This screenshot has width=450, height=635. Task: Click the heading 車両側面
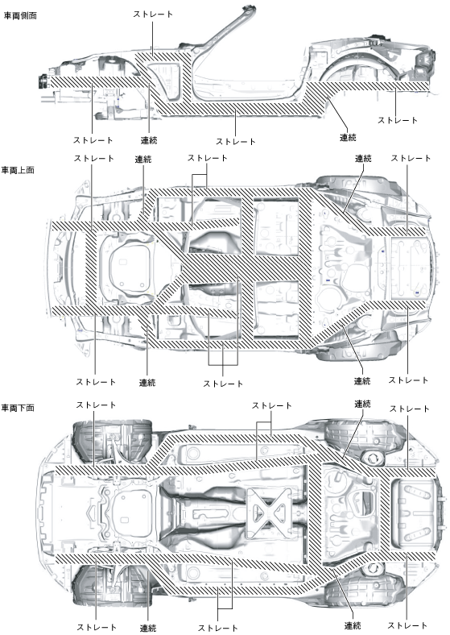coord(20,16)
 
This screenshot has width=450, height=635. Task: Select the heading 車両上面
coord(18,171)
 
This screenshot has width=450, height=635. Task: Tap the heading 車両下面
coord(18,408)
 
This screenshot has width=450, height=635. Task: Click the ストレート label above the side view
coord(153,15)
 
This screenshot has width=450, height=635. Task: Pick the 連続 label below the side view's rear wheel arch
coord(348,138)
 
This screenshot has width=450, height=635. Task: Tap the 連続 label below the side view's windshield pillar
coord(149,140)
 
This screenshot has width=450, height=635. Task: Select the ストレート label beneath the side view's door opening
coord(236,142)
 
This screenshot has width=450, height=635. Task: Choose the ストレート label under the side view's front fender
coord(93,140)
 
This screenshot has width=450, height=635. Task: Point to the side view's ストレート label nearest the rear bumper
coord(398,120)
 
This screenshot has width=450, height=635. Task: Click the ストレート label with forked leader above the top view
coord(207,158)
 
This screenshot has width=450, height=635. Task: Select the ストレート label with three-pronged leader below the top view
coord(222,384)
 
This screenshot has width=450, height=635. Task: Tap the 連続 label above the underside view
coord(362,405)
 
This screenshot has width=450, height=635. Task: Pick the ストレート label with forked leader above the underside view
coord(271,405)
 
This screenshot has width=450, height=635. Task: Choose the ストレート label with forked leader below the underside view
coord(217,628)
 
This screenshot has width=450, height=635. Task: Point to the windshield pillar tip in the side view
coord(248,8)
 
